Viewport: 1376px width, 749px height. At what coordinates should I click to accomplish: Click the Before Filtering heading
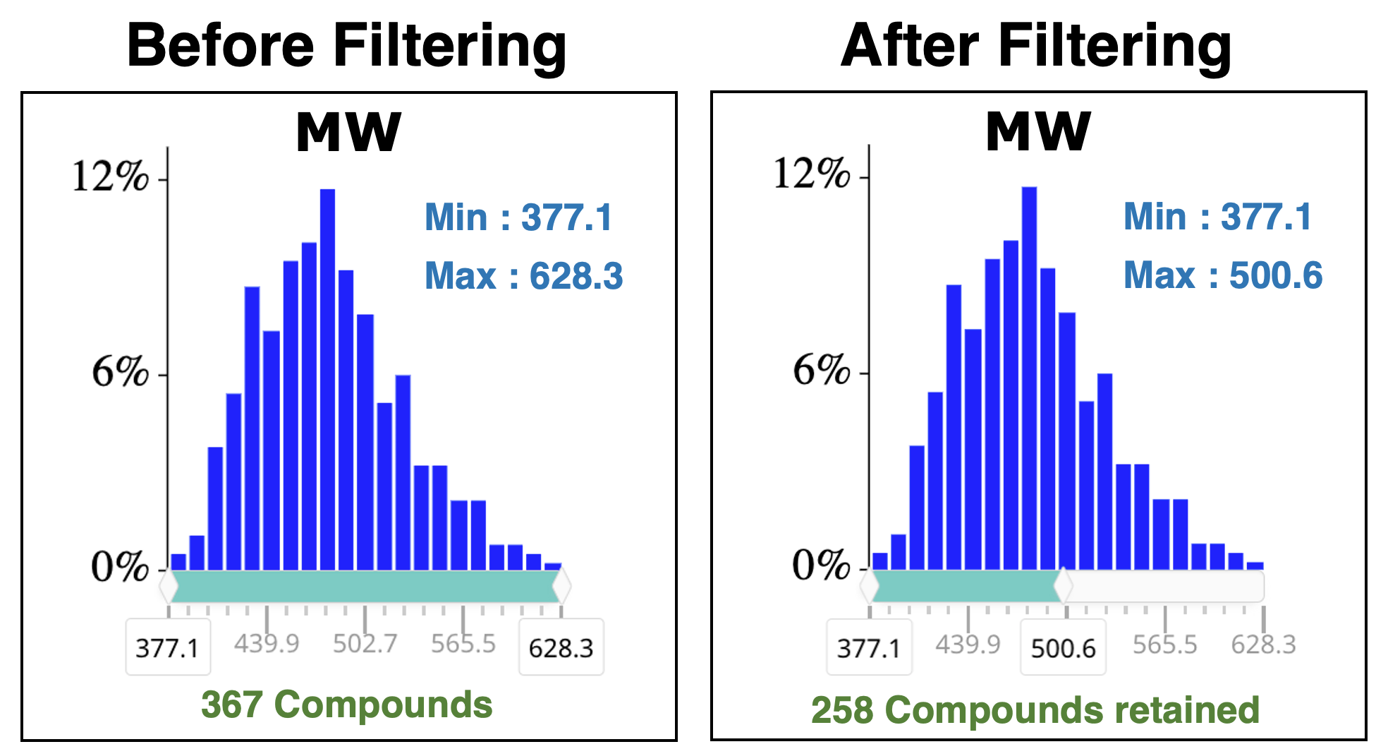[x=346, y=47]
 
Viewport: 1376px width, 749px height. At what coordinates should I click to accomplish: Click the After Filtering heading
[x=1036, y=47]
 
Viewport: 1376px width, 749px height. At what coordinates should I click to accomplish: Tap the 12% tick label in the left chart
[x=111, y=176]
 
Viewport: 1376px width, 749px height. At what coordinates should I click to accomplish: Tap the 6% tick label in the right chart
[x=821, y=371]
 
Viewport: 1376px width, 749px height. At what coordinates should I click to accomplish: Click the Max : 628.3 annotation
[x=523, y=276]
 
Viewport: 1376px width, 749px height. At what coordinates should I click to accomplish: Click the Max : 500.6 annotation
[x=1223, y=275]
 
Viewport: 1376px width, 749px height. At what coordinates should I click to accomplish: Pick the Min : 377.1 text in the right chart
[x=1217, y=217]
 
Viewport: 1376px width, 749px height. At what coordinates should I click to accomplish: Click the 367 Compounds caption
[x=346, y=705]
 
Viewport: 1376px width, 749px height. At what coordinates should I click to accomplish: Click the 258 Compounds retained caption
[x=1035, y=710]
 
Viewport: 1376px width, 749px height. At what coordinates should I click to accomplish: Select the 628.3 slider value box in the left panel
[x=561, y=647]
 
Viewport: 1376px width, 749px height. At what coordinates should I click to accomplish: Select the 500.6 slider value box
[x=1063, y=647]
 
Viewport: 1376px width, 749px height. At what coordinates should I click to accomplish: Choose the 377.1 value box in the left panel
[x=167, y=647]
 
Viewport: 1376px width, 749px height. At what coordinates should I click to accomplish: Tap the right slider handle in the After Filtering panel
[x=1063, y=586]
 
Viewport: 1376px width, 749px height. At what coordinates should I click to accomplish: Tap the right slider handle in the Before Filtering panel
[x=561, y=586]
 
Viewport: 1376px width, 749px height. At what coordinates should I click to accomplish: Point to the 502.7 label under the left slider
[x=365, y=644]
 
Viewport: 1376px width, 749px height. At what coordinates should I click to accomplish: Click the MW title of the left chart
[x=348, y=133]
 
